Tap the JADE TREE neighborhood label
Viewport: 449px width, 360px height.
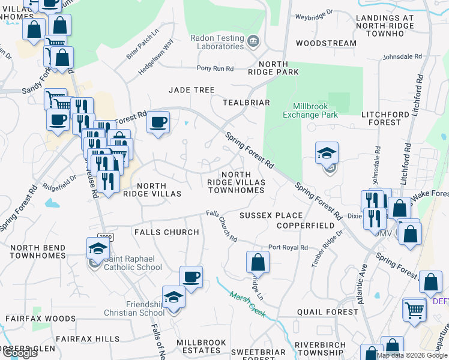[x=191, y=90]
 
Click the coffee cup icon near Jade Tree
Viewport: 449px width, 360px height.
[x=158, y=122]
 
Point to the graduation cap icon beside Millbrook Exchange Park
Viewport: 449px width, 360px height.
[x=327, y=154]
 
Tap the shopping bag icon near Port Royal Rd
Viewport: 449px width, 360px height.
[x=258, y=262]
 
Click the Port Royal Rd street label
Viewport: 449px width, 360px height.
[x=288, y=247]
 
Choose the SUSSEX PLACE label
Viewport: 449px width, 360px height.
[x=271, y=215]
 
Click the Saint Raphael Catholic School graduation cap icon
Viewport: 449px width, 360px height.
[x=98, y=248]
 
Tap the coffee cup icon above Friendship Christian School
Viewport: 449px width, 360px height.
[x=191, y=277]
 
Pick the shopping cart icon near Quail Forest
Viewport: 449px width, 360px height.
[x=414, y=310]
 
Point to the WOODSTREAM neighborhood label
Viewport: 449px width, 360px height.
[x=326, y=44]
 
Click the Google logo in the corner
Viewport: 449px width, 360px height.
[x=20, y=353]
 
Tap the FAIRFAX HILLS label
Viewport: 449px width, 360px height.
[x=87, y=339]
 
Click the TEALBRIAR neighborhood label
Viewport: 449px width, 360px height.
[x=246, y=103]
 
